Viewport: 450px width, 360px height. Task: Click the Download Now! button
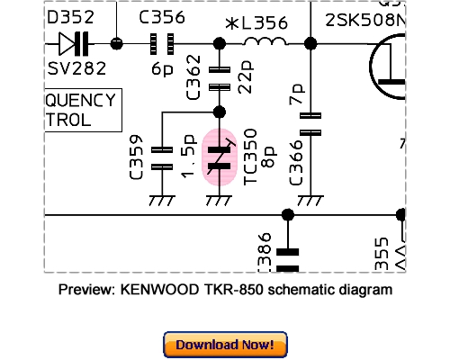225,345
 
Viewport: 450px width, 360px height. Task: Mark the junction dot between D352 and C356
116,42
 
